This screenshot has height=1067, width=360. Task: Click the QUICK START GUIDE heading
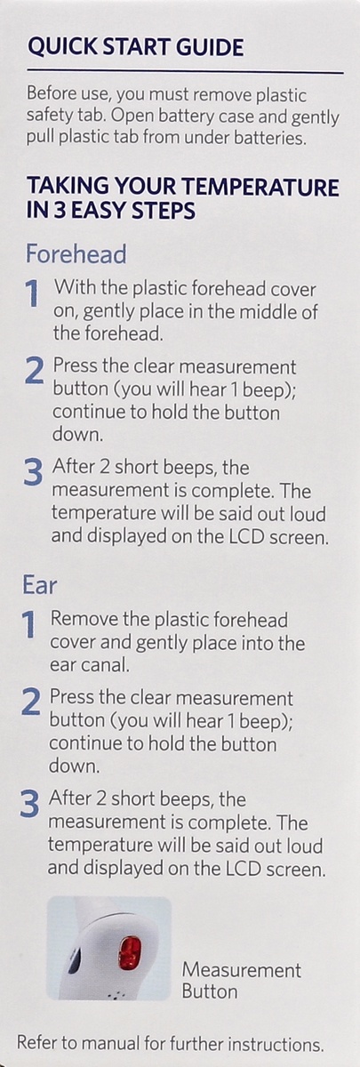135,47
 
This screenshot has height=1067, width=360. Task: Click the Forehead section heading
76,254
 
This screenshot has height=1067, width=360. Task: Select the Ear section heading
40,585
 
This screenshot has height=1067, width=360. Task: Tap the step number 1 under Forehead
32,295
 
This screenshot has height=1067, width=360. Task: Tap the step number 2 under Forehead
34,372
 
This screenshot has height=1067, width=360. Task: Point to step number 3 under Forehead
33,473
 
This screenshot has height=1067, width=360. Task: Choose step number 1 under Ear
29,626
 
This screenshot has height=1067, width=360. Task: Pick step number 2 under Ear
31,704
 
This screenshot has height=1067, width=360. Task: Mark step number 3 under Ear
30,806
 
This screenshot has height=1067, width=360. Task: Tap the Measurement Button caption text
241,980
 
